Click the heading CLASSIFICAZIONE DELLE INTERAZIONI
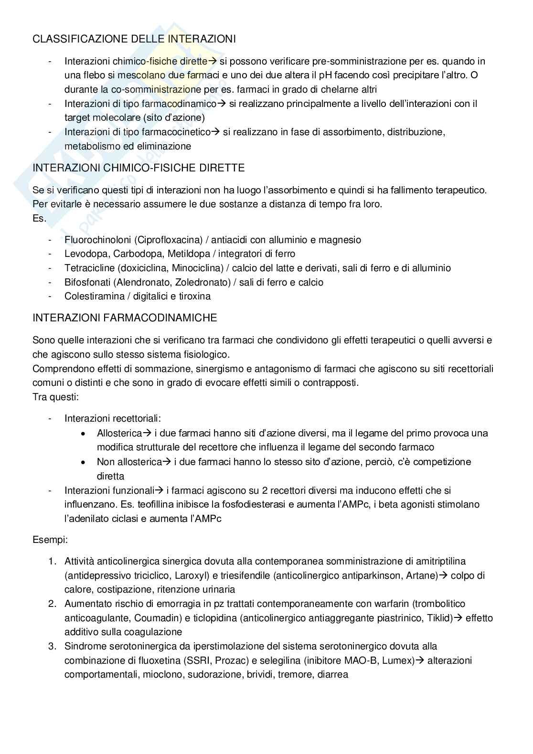[x=134, y=39]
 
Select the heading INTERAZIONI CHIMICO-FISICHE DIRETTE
[x=139, y=168]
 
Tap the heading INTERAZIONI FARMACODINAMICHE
[x=125, y=318]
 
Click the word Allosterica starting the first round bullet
[x=119, y=433]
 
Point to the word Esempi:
[x=50, y=540]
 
